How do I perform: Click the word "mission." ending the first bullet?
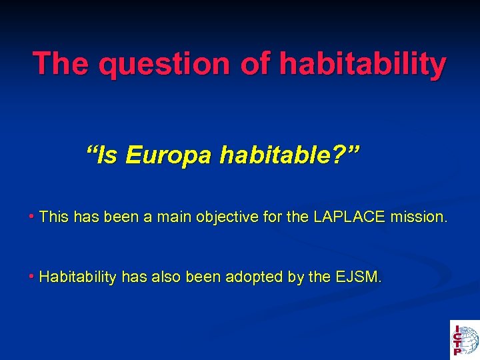[x=419, y=217]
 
